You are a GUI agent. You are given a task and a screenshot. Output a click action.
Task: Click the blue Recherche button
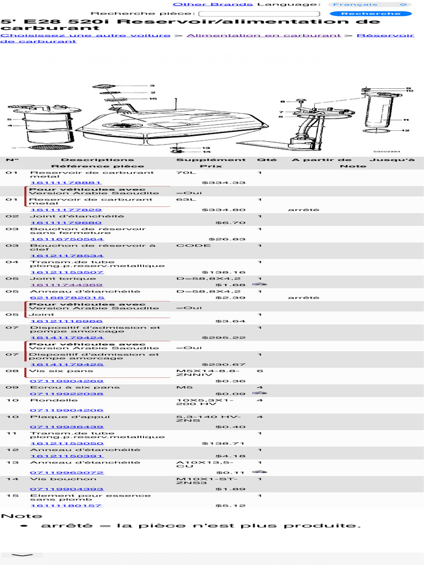(370, 13)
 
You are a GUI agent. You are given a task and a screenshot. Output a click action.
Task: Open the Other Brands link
(213, 4)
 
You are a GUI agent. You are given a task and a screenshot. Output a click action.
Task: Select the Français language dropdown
(371, 4)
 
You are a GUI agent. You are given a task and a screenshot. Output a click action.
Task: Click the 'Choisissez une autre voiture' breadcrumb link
(86, 35)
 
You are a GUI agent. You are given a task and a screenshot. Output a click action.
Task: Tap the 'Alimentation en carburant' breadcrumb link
(263, 35)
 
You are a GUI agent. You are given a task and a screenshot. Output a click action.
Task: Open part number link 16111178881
(66, 183)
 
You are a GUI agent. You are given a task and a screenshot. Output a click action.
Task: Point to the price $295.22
(224, 337)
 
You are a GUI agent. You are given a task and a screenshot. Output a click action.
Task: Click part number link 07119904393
(66, 489)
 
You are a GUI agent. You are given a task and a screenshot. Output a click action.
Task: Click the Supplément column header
(211, 160)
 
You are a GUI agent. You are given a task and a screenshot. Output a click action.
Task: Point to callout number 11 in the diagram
(405, 120)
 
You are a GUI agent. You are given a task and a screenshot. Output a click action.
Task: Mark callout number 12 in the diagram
(405, 131)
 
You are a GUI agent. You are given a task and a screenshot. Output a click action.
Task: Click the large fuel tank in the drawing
(171, 128)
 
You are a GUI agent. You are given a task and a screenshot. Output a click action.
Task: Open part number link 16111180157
(66, 505)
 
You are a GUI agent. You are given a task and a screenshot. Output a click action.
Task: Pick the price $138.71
(224, 443)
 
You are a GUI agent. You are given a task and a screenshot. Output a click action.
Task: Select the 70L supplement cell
(183, 173)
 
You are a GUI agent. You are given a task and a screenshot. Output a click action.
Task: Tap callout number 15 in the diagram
(153, 99)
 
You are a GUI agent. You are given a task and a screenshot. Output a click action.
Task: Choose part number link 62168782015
(67, 297)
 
